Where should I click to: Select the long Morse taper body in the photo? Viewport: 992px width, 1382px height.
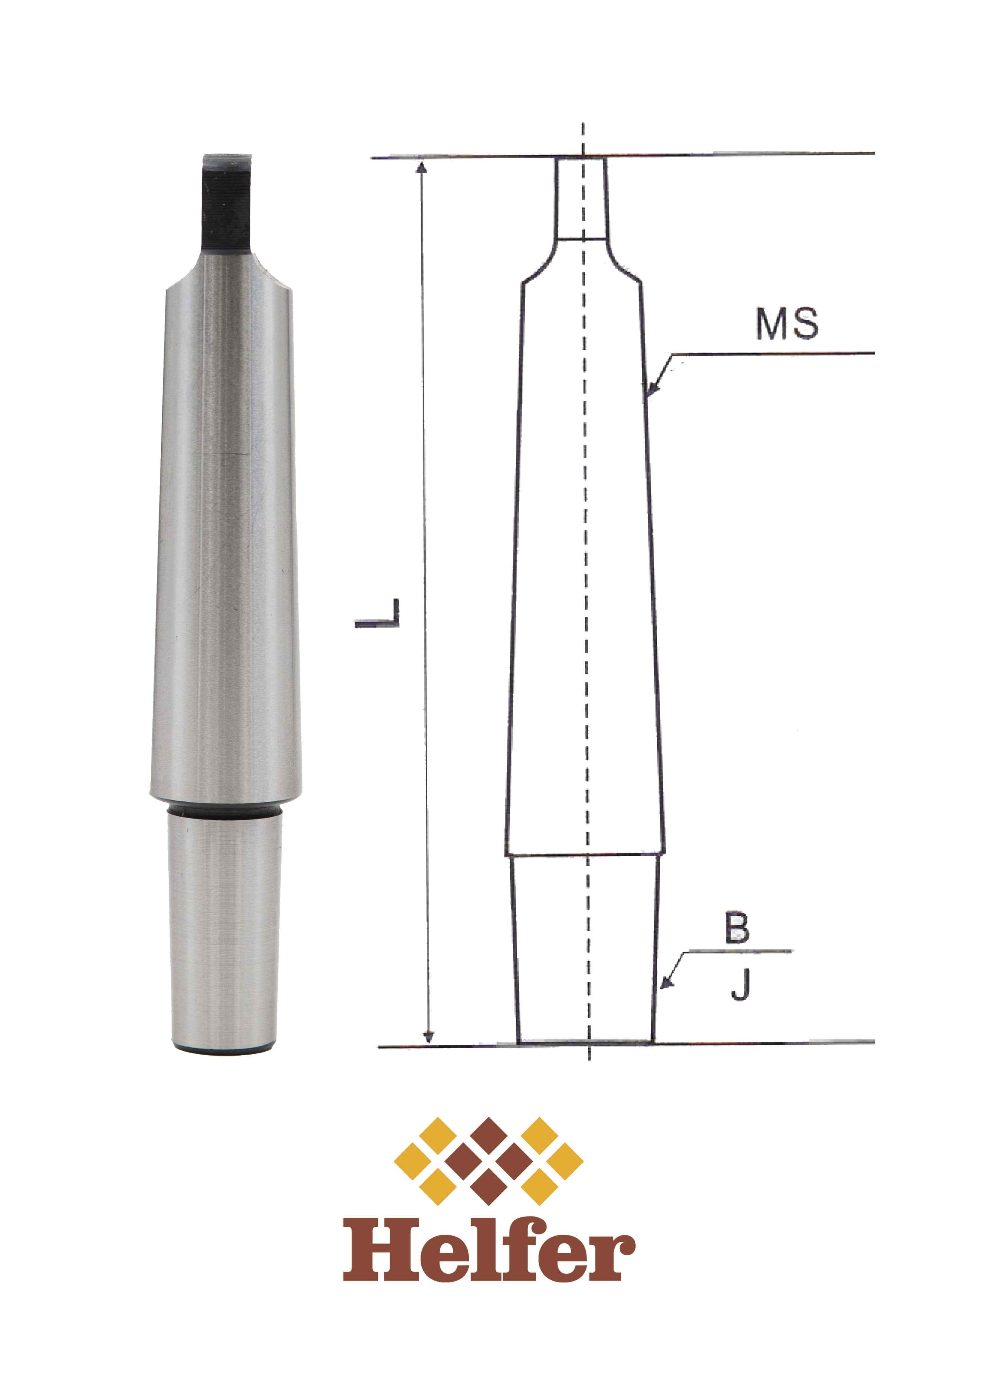click(225, 536)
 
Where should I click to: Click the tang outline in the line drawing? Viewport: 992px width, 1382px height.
click(580, 198)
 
